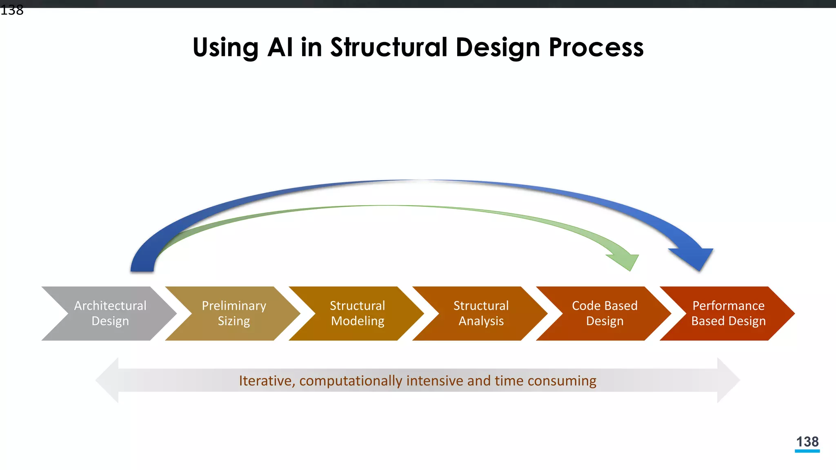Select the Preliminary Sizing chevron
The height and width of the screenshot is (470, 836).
pos(233,313)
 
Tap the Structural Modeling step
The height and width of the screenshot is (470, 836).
pos(357,313)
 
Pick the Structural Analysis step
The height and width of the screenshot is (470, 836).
pos(481,313)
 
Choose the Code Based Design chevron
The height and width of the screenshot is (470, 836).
pos(605,313)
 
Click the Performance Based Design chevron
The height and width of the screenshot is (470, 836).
pos(728,313)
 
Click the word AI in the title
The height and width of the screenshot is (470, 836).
pos(280,47)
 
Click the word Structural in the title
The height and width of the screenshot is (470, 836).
pos(389,47)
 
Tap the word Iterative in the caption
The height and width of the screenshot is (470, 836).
pos(265,381)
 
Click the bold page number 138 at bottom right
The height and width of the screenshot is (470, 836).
pos(807,441)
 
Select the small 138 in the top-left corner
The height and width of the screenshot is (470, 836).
pos(12,10)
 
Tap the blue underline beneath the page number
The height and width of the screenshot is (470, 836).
pos(807,451)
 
